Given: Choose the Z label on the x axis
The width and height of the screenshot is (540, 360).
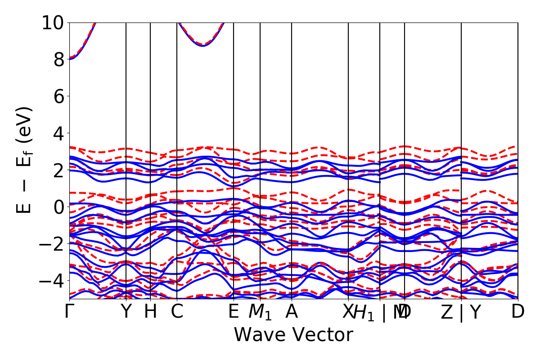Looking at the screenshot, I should point(446,312).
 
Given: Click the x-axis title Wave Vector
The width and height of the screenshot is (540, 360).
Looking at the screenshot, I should point(293,335).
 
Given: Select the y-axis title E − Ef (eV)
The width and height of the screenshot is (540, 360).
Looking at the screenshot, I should point(25,160).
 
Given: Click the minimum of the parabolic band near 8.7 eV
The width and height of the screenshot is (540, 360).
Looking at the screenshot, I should point(203,45).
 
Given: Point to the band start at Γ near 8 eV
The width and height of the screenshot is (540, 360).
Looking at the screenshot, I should point(70,59).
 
